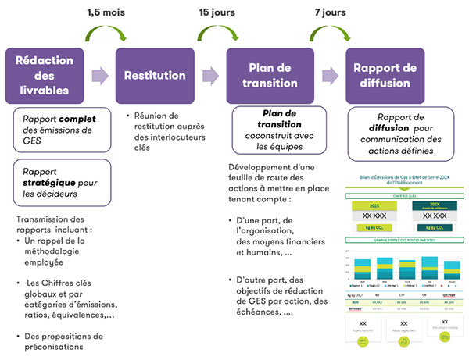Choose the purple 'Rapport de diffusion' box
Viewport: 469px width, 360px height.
(388, 76)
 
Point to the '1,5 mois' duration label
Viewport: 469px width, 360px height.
(105, 12)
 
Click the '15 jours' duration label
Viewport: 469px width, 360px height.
(214, 12)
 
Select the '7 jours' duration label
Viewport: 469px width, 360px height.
(328, 12)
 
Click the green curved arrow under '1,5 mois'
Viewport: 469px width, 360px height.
(106, 34)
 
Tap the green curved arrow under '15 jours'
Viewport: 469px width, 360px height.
(214, 34)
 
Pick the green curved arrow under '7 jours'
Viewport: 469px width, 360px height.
(328, 34)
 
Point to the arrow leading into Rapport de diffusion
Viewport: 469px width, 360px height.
(329, 76)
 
